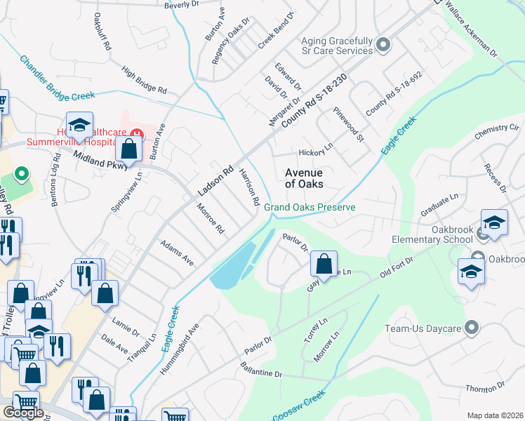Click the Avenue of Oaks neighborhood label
(x=303, y=178)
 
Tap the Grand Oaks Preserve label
(x=310, y=208)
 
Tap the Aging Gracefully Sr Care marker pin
(x=383, y=46)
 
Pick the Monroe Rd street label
(x=210, y=219)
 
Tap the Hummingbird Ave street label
(x=180, y=349)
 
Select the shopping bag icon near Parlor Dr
(x=324, y=265)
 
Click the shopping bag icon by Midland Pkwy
(x=129, y=149)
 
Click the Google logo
(x=23, y=413)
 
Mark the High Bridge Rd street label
(x=144, y=81)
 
